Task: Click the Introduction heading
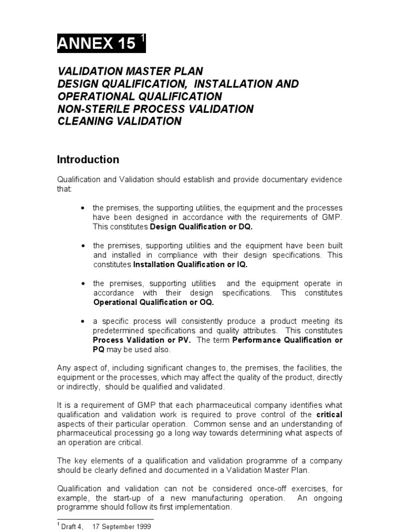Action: (88, 159)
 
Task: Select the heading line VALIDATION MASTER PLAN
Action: (130, 71)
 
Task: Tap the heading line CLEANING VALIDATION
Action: (119, 121)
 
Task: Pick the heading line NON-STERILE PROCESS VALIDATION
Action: (155, 109)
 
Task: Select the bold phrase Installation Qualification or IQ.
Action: (191, 264)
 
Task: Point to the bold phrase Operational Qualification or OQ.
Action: (153, 302)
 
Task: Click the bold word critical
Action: (330, 415)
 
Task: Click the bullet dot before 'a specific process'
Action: (83, 321)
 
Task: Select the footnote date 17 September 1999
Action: (121, 526)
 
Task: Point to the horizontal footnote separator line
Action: (105, 518)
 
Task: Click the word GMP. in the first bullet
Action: (331, 217)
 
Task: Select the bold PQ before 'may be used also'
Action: (99, 349)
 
